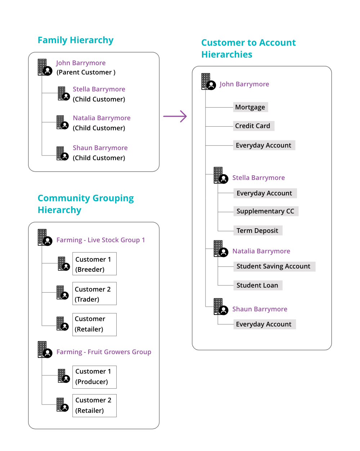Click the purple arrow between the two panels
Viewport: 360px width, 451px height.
point(175,116)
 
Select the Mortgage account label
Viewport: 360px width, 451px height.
point(250,107)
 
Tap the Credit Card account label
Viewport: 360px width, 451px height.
point(253,126)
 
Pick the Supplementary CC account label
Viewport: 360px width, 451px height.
point(266,211)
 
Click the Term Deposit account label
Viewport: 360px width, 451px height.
point(257,231)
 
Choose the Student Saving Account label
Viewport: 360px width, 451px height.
point(274,266)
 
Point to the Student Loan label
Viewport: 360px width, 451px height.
point(257,285)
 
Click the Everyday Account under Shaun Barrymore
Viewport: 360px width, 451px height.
point(264,324)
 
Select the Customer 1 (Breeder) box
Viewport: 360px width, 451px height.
point(94,264)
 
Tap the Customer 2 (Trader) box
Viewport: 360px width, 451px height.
point(94,294)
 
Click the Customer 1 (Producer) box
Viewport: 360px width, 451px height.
point(94,376)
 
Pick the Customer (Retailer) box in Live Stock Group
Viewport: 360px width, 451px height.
point(94,324)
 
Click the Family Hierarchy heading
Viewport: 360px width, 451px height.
point(76,40)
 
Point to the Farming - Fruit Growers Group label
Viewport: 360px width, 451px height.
point(104,352)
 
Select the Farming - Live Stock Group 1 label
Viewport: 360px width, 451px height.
point(101,240)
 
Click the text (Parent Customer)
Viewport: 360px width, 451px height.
point(86,72)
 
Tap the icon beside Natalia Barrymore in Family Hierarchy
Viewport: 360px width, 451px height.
point(62,122)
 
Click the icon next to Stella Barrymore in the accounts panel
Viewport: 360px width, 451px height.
point(221,176)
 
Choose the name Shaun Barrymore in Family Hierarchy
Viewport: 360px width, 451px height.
point(100,148)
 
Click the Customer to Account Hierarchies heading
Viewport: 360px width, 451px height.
point(248,49)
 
